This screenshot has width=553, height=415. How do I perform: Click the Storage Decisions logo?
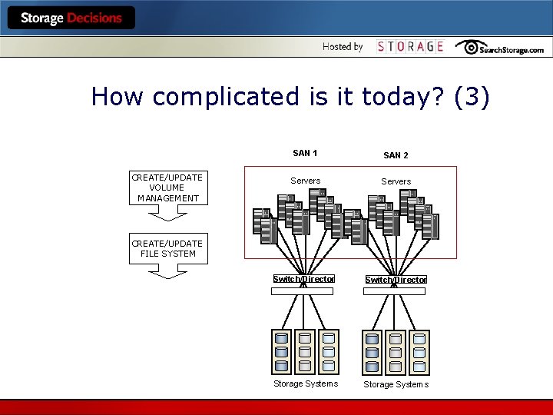(71, 18)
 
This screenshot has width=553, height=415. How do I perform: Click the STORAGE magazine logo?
(410, 47)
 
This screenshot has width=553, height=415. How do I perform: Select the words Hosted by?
(343, 47)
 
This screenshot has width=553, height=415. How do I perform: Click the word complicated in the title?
(219, 97)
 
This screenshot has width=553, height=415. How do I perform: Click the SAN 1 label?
(306, 153)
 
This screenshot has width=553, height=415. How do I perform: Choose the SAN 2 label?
(396, 155)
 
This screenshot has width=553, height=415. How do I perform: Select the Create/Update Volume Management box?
(167, 188)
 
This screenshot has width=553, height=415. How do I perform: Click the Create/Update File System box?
(167, 249)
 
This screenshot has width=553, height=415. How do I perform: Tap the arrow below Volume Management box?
(167, 213)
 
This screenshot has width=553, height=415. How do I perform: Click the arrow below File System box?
(167, 271)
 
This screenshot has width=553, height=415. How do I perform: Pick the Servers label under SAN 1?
(306, 181)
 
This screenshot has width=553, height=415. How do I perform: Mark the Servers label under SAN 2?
(396, 181)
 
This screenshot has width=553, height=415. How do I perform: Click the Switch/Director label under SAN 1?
(304, 279)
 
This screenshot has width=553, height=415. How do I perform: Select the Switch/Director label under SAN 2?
(396, 280)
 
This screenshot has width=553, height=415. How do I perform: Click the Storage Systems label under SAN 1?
(306, 383)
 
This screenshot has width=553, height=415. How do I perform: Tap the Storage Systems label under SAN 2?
(396, 384)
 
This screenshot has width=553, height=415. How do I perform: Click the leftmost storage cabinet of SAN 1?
(282, 352)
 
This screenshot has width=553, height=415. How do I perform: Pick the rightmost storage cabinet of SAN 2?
(419, 352)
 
